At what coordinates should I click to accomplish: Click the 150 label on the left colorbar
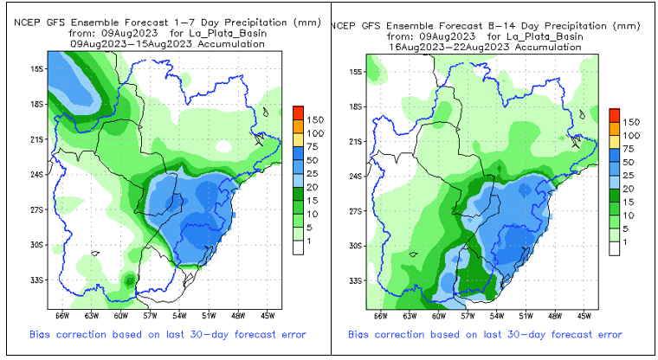315,119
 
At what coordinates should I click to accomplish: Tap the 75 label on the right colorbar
631,149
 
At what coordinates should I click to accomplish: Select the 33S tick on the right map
354,281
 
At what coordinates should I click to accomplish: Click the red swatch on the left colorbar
297,112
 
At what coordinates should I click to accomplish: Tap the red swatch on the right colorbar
614,115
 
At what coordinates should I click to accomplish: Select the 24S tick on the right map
354,176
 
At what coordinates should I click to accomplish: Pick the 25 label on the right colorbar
631,176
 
